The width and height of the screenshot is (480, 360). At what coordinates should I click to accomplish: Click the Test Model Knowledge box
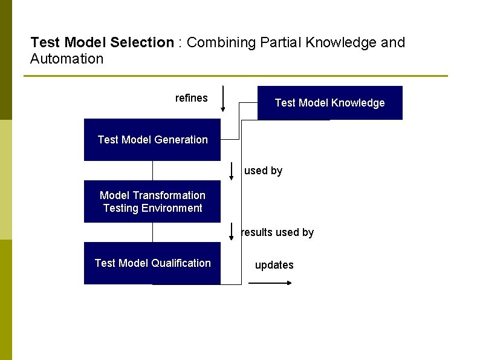(329, 103)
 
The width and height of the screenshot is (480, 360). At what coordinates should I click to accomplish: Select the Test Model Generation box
(152, 140)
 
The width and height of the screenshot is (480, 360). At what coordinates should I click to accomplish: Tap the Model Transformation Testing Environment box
(152, 201)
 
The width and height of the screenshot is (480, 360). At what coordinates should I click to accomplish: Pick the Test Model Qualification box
(152, 263)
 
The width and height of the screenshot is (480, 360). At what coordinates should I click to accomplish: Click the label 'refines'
(191, 98)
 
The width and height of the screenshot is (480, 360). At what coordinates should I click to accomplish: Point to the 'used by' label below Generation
(263, 171)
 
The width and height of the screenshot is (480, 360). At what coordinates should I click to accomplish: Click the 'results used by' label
(277, 232)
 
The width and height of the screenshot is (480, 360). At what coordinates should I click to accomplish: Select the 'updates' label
(274, 265)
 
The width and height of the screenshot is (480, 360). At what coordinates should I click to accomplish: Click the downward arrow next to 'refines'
(223, 99)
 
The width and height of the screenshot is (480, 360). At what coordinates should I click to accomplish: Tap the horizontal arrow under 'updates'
(270, 283)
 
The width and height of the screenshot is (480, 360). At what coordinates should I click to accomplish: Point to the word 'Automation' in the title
(66, 59)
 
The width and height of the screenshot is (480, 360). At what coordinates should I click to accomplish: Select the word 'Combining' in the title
(216, 42)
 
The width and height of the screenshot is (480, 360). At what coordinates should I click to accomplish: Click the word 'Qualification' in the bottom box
(181, 263)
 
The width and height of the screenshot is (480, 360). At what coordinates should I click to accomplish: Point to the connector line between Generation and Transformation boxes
(152, 171)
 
